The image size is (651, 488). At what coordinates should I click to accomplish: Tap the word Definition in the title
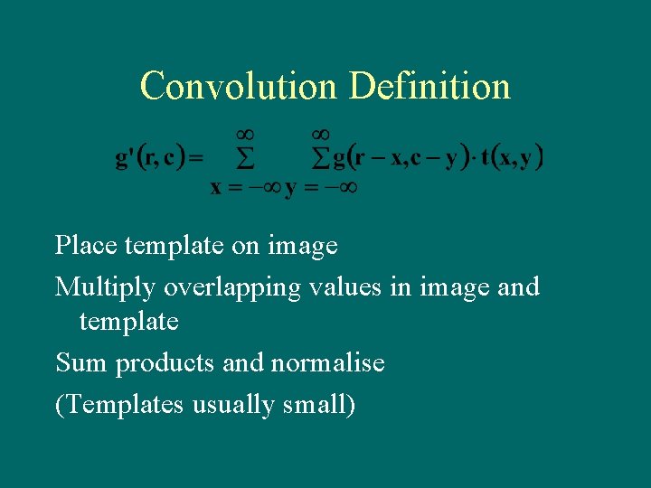[429, 87]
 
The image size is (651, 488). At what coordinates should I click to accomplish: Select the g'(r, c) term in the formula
[150, 159]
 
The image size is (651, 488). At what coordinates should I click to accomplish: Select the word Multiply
[105, 287]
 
